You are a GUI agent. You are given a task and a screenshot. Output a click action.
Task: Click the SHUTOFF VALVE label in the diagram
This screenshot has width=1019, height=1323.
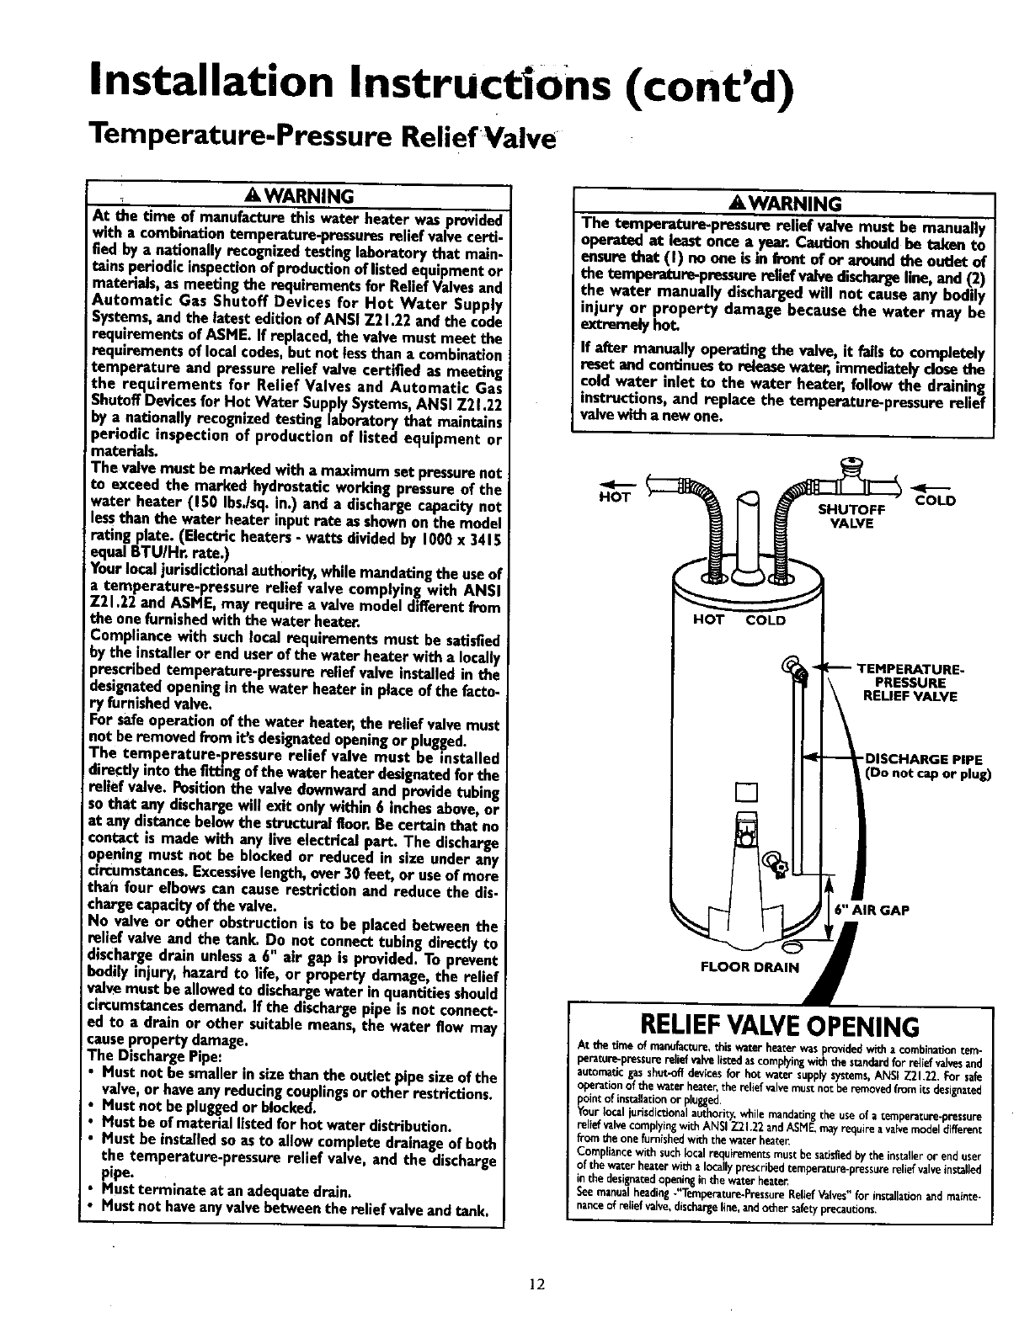(851, 516)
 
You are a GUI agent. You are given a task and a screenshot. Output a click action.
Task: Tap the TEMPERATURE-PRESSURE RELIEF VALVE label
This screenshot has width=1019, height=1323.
(910, 683)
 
